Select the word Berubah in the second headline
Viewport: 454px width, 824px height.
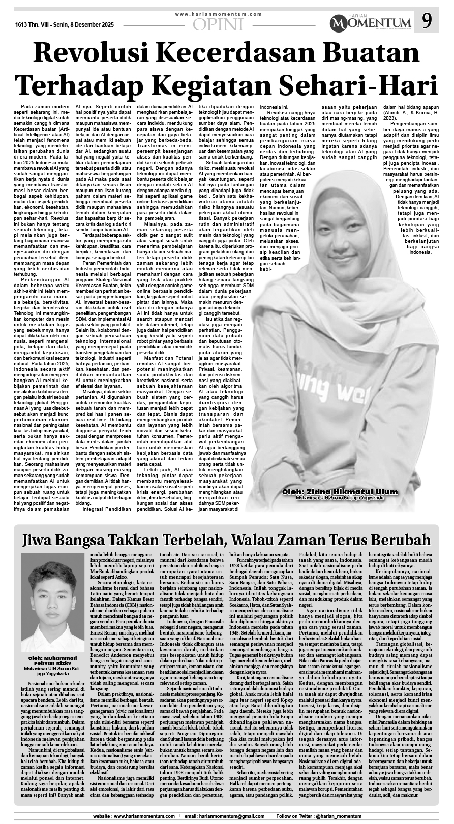pyautogui.click(x=402, y=539)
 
